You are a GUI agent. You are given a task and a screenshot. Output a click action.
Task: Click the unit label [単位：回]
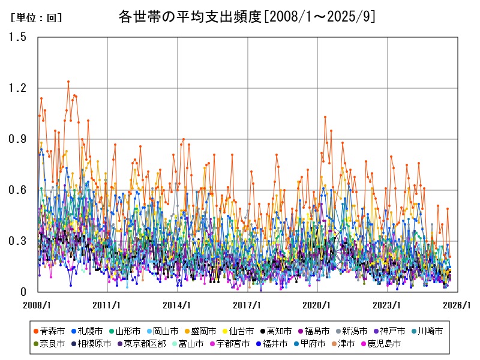(x=36, y=18)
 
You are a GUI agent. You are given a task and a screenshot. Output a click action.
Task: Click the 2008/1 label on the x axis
(x=37, y=305)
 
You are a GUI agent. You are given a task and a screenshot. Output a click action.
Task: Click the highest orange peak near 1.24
(x=68, y=82)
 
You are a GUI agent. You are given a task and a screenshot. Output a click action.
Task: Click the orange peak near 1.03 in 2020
(x=325, y=117)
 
